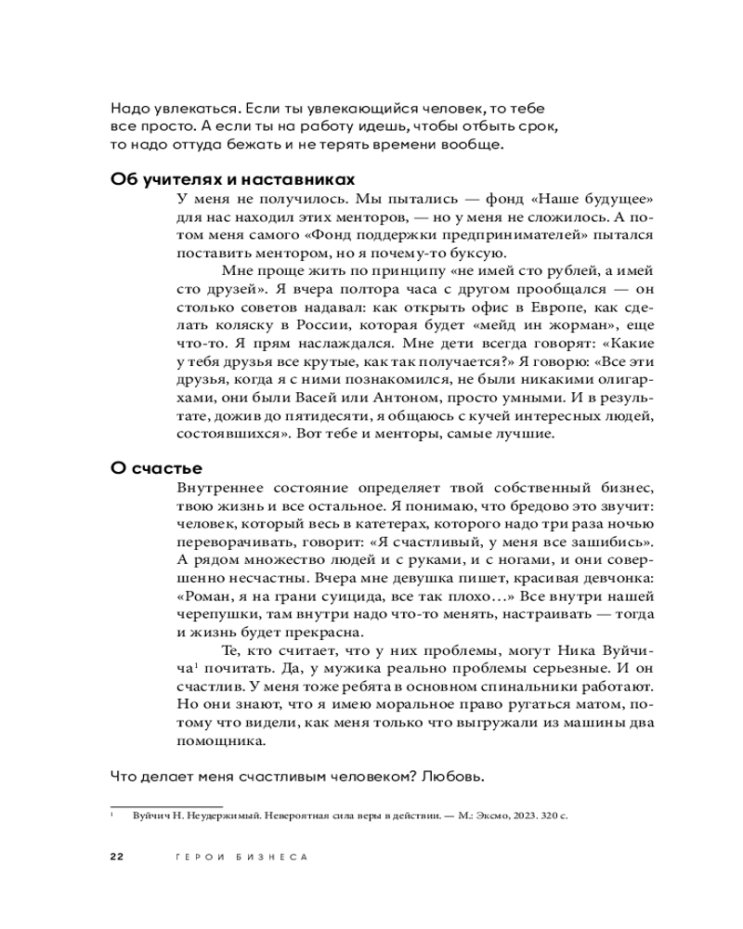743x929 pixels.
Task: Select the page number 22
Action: tap(117, 857)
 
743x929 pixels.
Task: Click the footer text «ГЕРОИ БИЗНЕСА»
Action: tap(241, 857)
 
